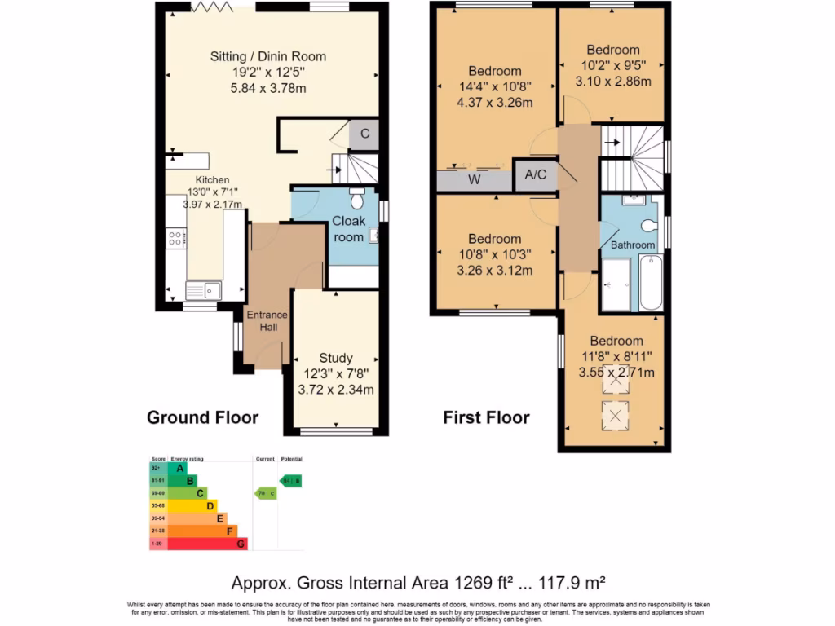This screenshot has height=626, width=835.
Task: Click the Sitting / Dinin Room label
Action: coord(268,56)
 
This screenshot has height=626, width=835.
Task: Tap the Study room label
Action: coord(335,358)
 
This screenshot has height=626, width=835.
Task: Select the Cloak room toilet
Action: coord(357,199)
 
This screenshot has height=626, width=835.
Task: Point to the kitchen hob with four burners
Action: coord(175,238)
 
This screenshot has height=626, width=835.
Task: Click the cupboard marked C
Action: coord(364,134)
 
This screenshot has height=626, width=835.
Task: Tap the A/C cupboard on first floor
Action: coord(535,174)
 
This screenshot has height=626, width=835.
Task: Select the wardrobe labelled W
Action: coord(474,180)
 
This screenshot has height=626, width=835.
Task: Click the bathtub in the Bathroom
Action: coord(650,282)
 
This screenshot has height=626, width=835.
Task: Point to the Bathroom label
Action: coord(633,245)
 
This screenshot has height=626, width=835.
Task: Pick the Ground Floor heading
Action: coord(202,418)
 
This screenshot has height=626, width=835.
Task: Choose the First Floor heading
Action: coord(486,418)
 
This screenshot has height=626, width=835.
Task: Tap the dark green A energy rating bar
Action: coord(177,468)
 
